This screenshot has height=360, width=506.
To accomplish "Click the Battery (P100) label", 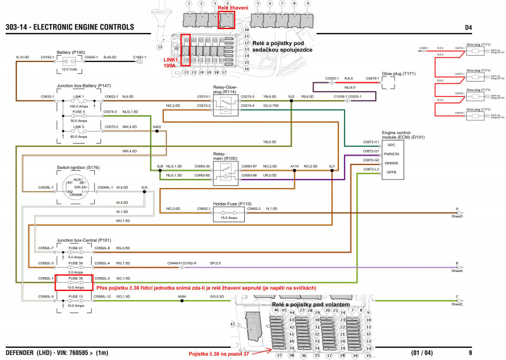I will [71, 52].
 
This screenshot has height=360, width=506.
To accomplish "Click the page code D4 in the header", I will [469, 28].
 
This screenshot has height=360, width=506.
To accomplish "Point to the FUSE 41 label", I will [75, 248].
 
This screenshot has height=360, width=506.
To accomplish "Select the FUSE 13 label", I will [75, 297].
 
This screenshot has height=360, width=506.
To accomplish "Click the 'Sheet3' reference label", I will [457, 217].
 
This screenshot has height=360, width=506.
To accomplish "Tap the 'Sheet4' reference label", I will [457, 271].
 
